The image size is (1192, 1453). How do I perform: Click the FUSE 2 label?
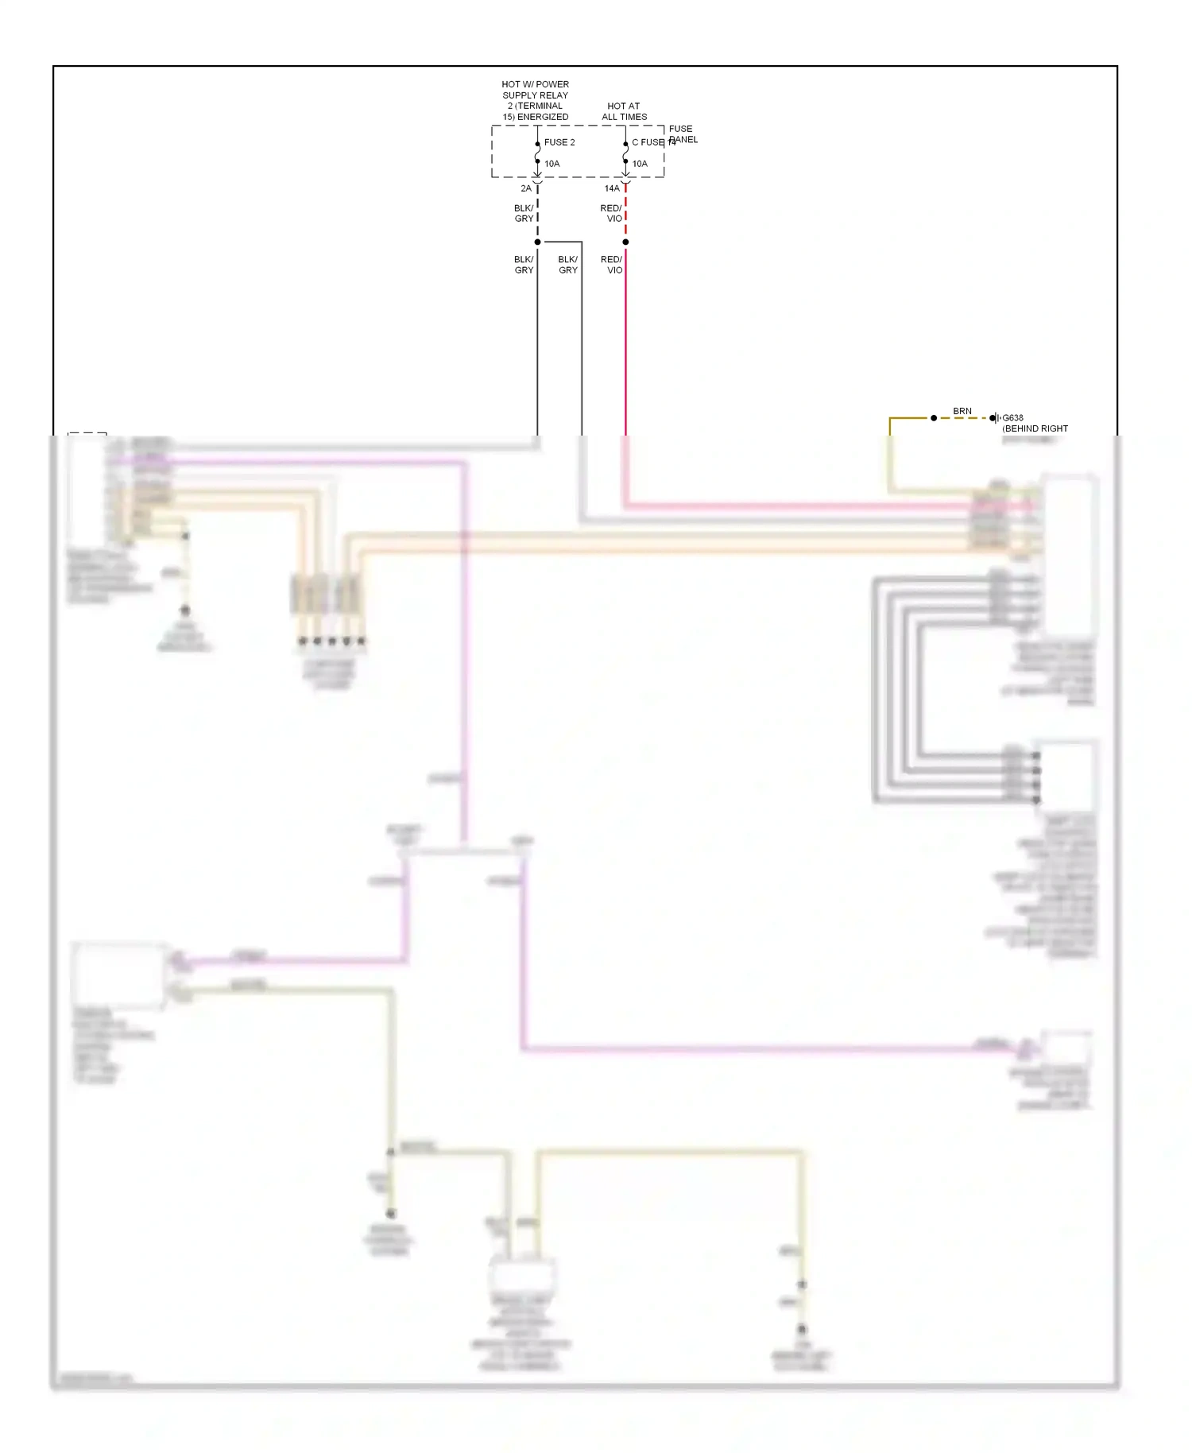click(559, 142)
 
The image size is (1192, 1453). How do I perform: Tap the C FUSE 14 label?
click(652, 142)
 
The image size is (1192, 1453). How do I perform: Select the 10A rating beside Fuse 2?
click(552, 164)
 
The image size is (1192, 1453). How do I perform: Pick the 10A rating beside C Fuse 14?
click(640, 164)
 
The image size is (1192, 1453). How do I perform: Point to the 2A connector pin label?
click(526, 188)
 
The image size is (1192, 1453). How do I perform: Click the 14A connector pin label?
click(612, 188)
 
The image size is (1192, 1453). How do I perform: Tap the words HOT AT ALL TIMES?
click(624, 111)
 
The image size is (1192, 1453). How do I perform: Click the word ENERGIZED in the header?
click(543, 117)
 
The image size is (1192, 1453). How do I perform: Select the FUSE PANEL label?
click(682, 134)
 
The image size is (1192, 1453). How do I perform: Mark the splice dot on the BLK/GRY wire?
click(538, 242)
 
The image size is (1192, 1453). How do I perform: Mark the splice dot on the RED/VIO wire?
click(625, 242)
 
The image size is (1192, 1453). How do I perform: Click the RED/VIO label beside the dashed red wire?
click(611, 213)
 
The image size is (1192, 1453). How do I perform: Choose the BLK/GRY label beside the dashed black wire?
click(524, 213)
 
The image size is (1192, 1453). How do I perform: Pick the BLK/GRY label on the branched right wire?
click(568, 265)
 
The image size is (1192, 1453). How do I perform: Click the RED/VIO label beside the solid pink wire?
click(611, 265)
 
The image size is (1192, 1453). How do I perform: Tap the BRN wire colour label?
click(962, 411)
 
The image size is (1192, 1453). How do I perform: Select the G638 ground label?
click(1013, 417)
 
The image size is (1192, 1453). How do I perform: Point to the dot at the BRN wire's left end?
click(934, 418)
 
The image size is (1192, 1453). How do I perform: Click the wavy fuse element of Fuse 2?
click(538, 153)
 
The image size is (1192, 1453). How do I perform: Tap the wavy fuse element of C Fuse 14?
click(625, 153)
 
